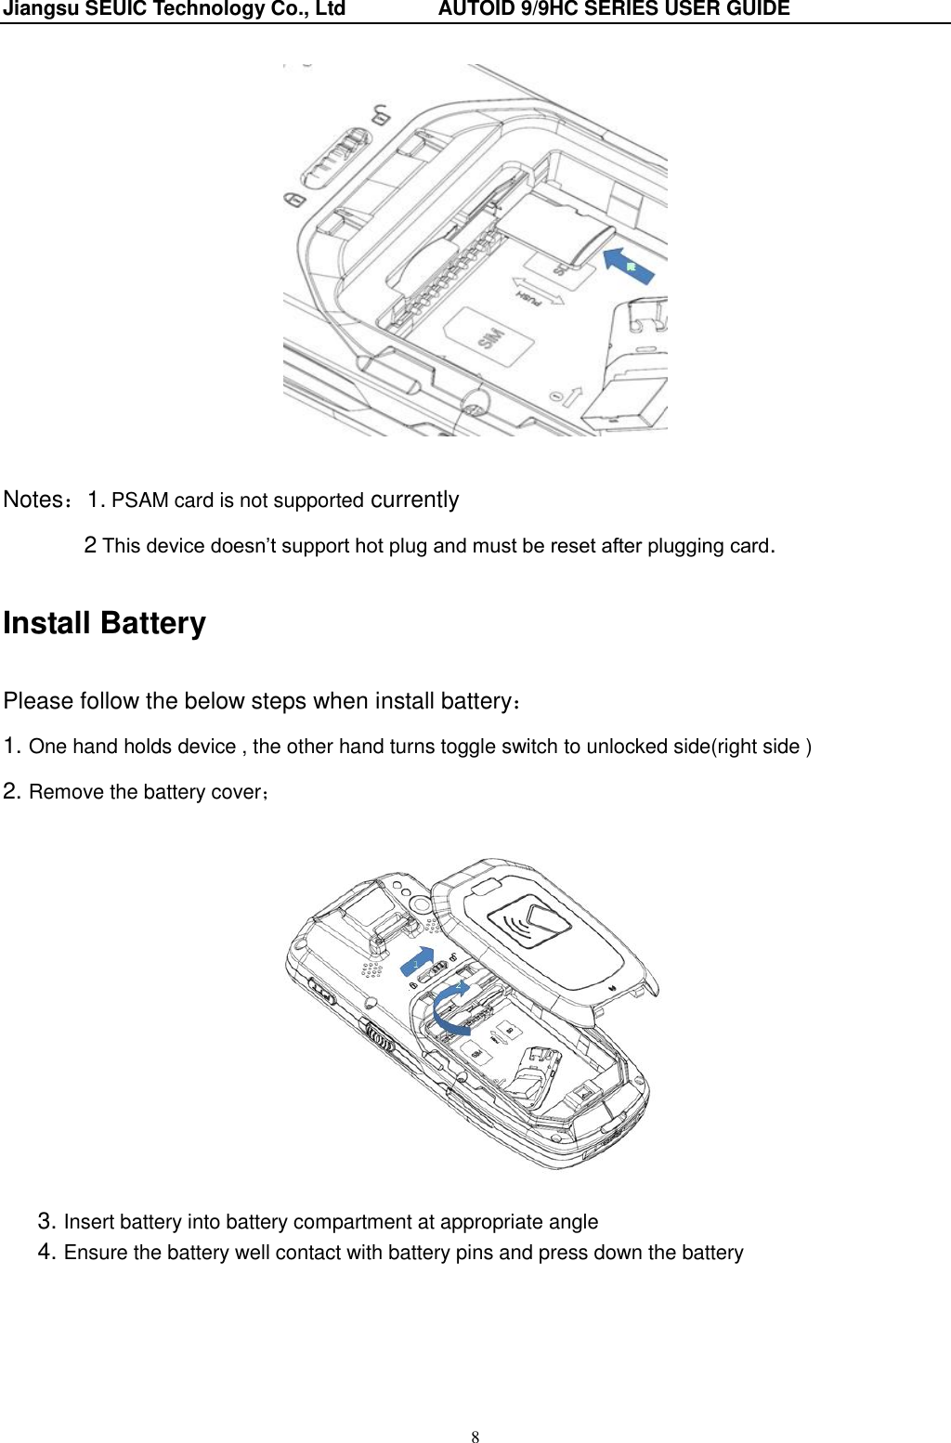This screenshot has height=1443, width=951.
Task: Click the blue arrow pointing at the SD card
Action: point(630,265)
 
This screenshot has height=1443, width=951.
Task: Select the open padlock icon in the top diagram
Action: point(380,115)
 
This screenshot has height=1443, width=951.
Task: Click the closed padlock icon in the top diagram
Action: point(293,201)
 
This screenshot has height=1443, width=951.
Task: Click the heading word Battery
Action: point(153,623)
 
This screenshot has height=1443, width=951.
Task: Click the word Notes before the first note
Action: point(33,500)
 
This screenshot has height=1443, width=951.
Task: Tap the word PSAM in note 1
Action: point(139,500)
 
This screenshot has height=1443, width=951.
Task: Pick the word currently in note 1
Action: point(414,500)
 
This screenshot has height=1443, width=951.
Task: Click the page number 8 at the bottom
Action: point(475,1437)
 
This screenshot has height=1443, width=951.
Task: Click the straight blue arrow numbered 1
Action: point(419,961)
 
